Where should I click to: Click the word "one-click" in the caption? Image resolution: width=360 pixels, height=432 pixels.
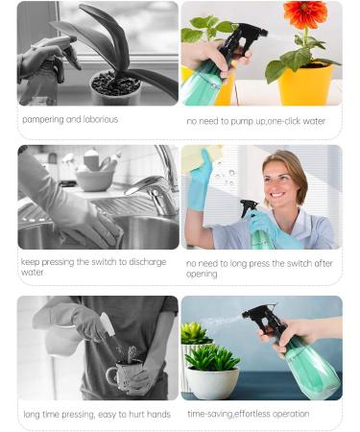pyautogui.click(x=279, y=121)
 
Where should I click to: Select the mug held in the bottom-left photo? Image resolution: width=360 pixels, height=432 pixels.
pyautogui.click(x=122, y=375)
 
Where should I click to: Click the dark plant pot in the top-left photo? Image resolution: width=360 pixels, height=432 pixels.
pyautogui.click(x=114, y=89)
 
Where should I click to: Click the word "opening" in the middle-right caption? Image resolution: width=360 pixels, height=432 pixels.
pyautogui.click(x=203, y=275)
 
